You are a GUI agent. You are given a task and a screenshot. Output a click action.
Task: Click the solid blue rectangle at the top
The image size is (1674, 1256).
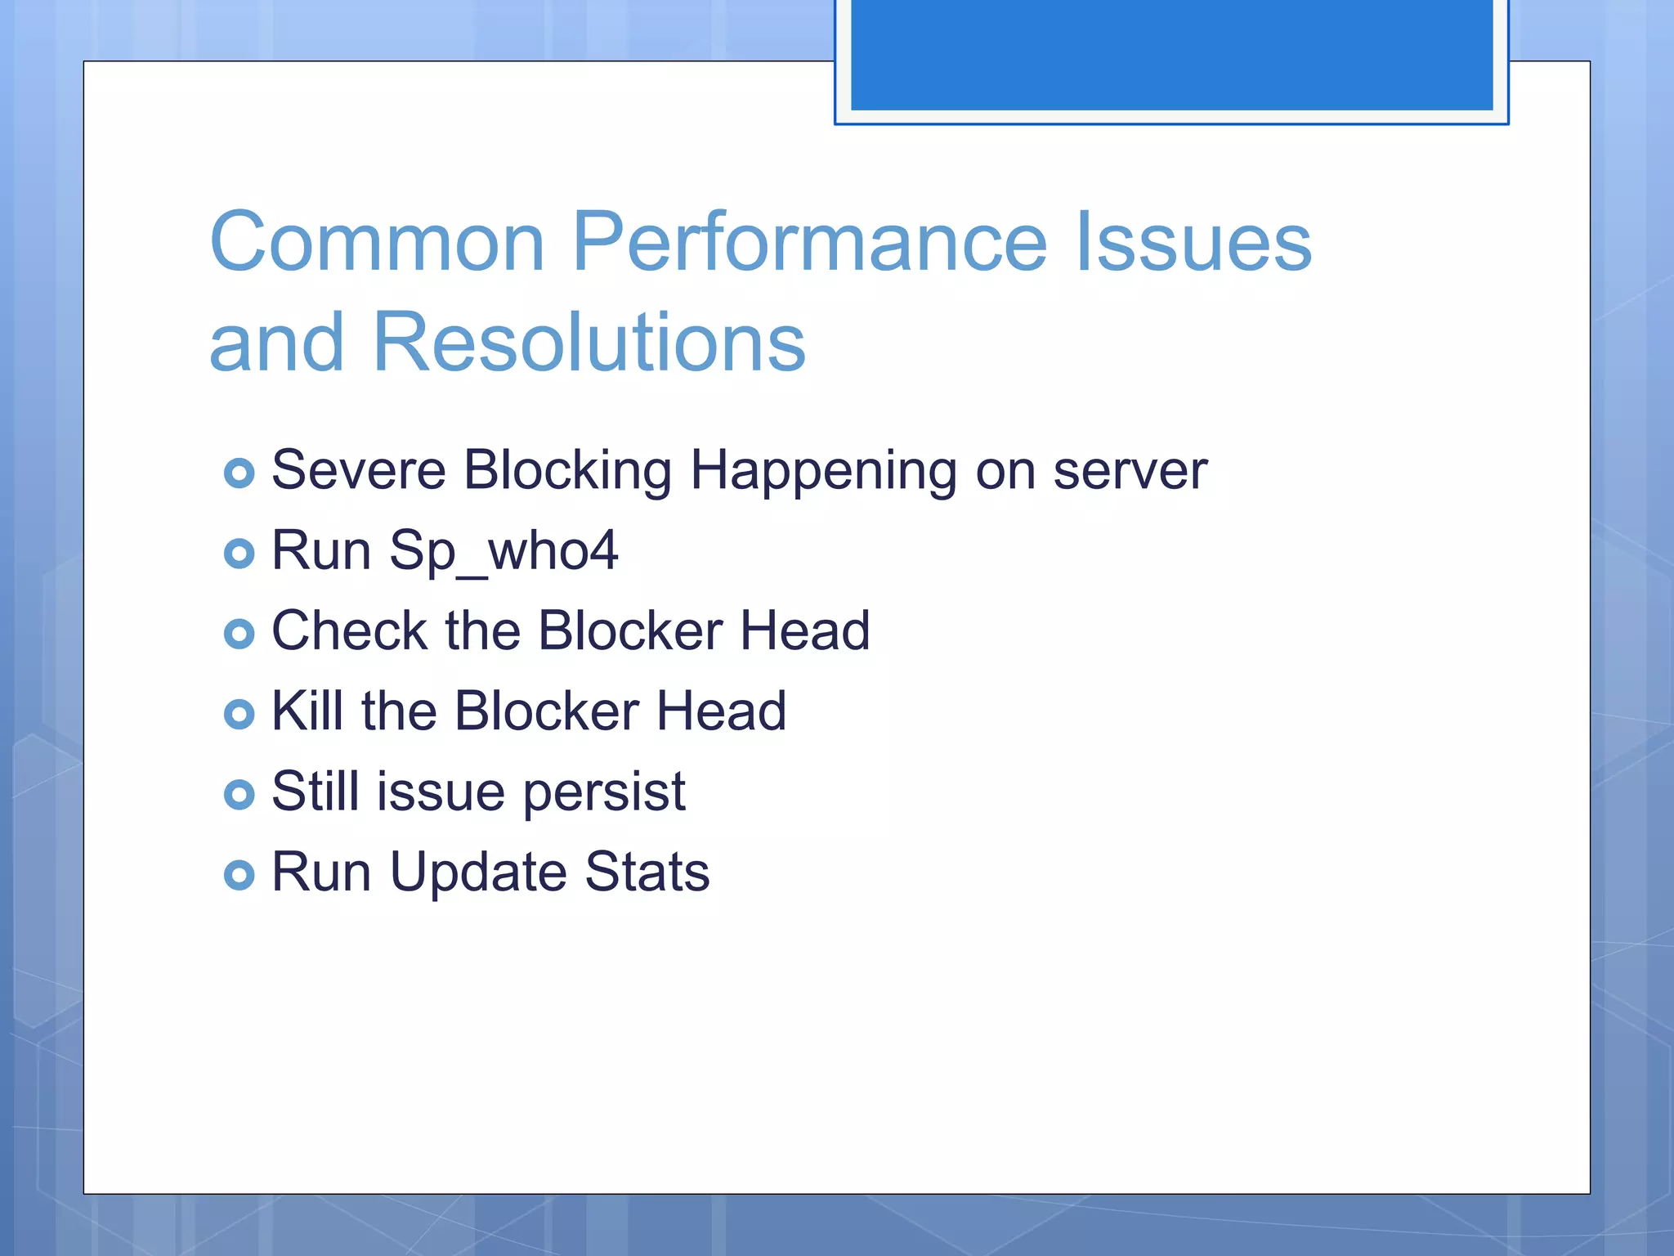click(x=1171, y=54)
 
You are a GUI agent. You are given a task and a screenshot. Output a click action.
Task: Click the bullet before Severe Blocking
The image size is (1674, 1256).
click(x=239, y=473)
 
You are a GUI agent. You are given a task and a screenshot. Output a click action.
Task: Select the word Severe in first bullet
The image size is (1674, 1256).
click(x=358, y=470)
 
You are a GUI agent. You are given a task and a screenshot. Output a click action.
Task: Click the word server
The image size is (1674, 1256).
click(x=1130, y=472)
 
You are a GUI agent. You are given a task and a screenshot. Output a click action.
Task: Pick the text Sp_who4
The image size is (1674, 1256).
click(x=504, y=551)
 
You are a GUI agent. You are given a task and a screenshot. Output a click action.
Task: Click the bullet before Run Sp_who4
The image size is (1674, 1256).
click(x=239, y=554)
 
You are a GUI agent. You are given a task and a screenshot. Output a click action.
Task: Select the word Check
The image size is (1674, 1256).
click(x=350, y=630)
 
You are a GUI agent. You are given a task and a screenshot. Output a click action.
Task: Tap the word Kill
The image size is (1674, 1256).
click(x=307, y=711)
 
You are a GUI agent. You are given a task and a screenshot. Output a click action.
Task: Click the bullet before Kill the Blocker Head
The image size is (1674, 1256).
click(x=239, y=714)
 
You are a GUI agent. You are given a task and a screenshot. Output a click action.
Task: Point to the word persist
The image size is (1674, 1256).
click(x=604, y=792)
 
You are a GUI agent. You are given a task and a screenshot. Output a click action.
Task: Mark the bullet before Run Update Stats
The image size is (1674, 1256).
click(x=239, y=875)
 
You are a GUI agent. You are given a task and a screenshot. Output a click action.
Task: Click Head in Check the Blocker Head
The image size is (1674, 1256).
click(x=805, y=630)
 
